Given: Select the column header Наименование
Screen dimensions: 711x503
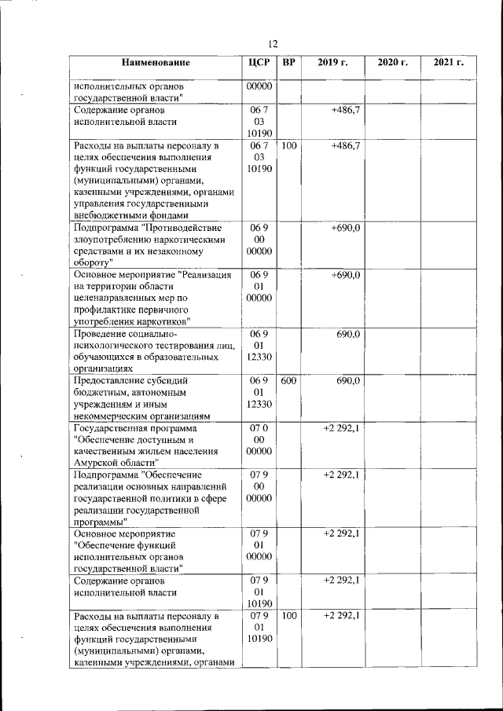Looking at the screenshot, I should [x=156, y=62].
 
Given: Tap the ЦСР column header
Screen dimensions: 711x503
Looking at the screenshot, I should [x=259, y=62].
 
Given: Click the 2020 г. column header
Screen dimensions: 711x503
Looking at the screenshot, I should [x=392, y=62].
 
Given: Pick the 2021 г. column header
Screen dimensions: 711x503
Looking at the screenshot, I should [x=448, y=62].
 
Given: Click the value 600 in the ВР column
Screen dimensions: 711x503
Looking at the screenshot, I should [x=288, y=380].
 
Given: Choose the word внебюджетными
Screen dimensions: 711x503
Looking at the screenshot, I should [x=105, y=215].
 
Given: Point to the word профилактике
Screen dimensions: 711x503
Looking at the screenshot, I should [x=107, y=310].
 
